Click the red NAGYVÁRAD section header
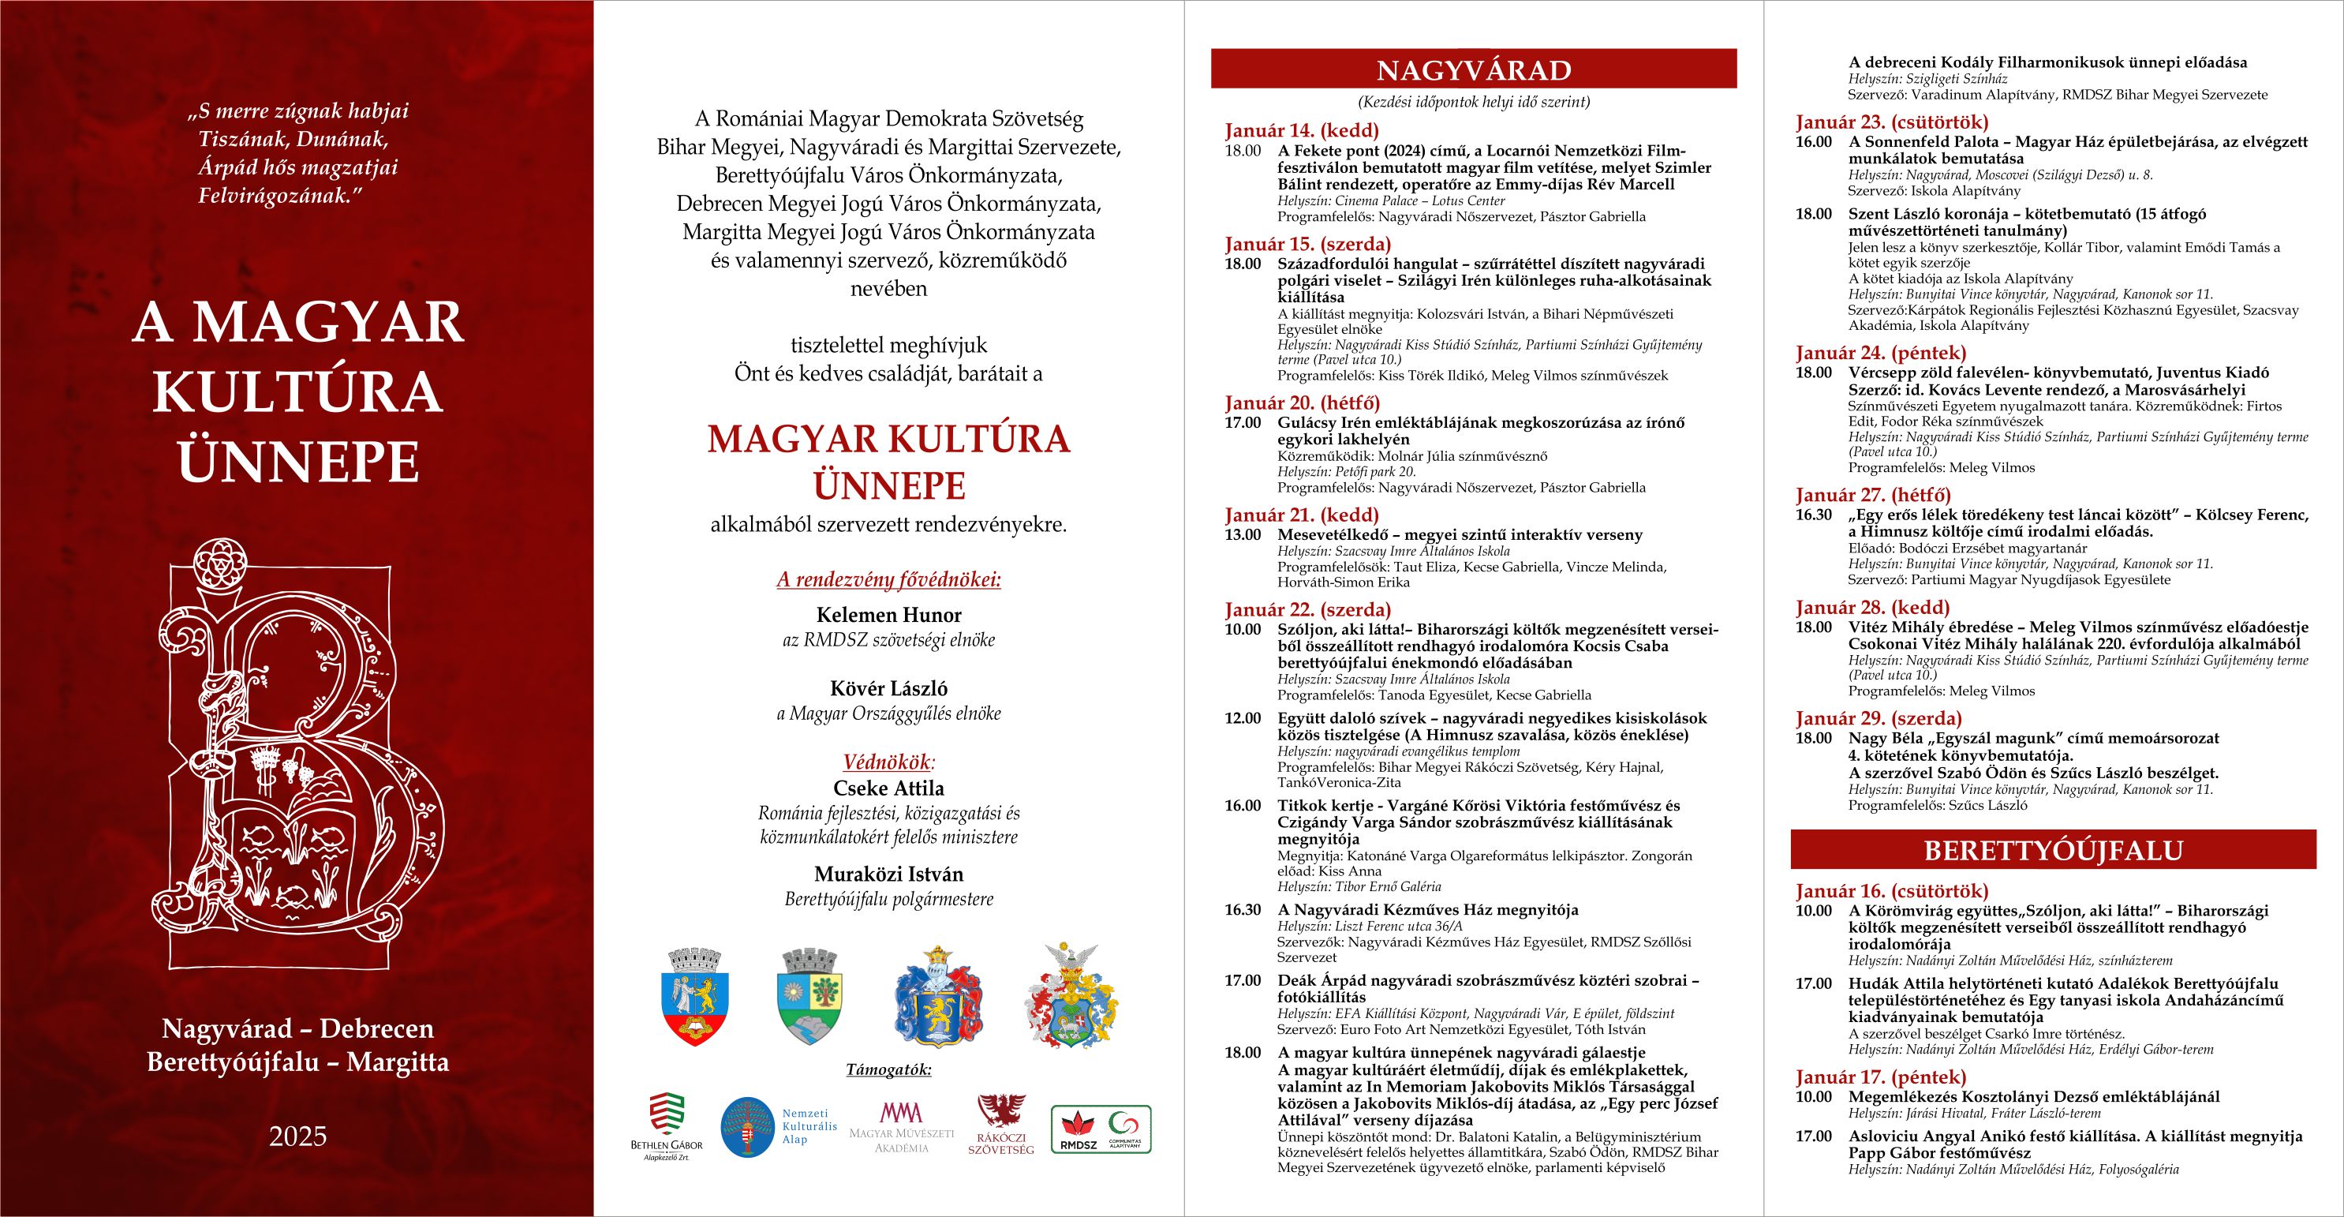point(1473,69)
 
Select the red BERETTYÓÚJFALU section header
point(2053,850)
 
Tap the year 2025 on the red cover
point(297,1136)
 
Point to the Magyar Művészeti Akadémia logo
point(901,1127)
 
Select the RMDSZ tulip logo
point(1075,1129)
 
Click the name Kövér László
point(888,689)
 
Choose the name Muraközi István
point(888,874)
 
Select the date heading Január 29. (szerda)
point(1878,718)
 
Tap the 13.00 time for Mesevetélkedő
point(1242,534)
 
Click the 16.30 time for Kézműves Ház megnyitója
point(1242,909)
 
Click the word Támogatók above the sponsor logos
point(888,1069)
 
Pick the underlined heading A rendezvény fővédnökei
point(888,580)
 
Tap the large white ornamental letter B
point(301,755)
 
